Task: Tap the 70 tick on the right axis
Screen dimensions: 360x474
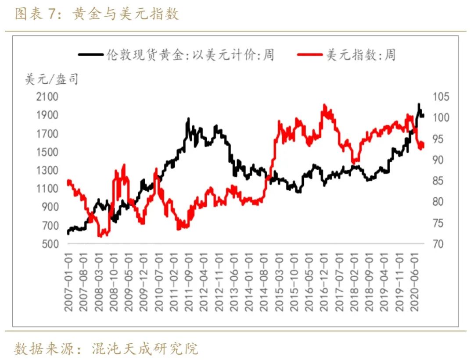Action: click(x=439, y=244)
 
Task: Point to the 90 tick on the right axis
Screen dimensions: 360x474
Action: click(x=439, y=160)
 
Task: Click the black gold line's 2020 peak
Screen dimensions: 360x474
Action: click(x=419, y=104)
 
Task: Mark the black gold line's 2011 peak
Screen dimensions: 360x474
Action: click(x=188, y=118)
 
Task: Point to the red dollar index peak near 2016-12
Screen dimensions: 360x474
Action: click(x=324, y=105)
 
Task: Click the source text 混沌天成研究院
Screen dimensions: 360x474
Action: click(x=145, y=349)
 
